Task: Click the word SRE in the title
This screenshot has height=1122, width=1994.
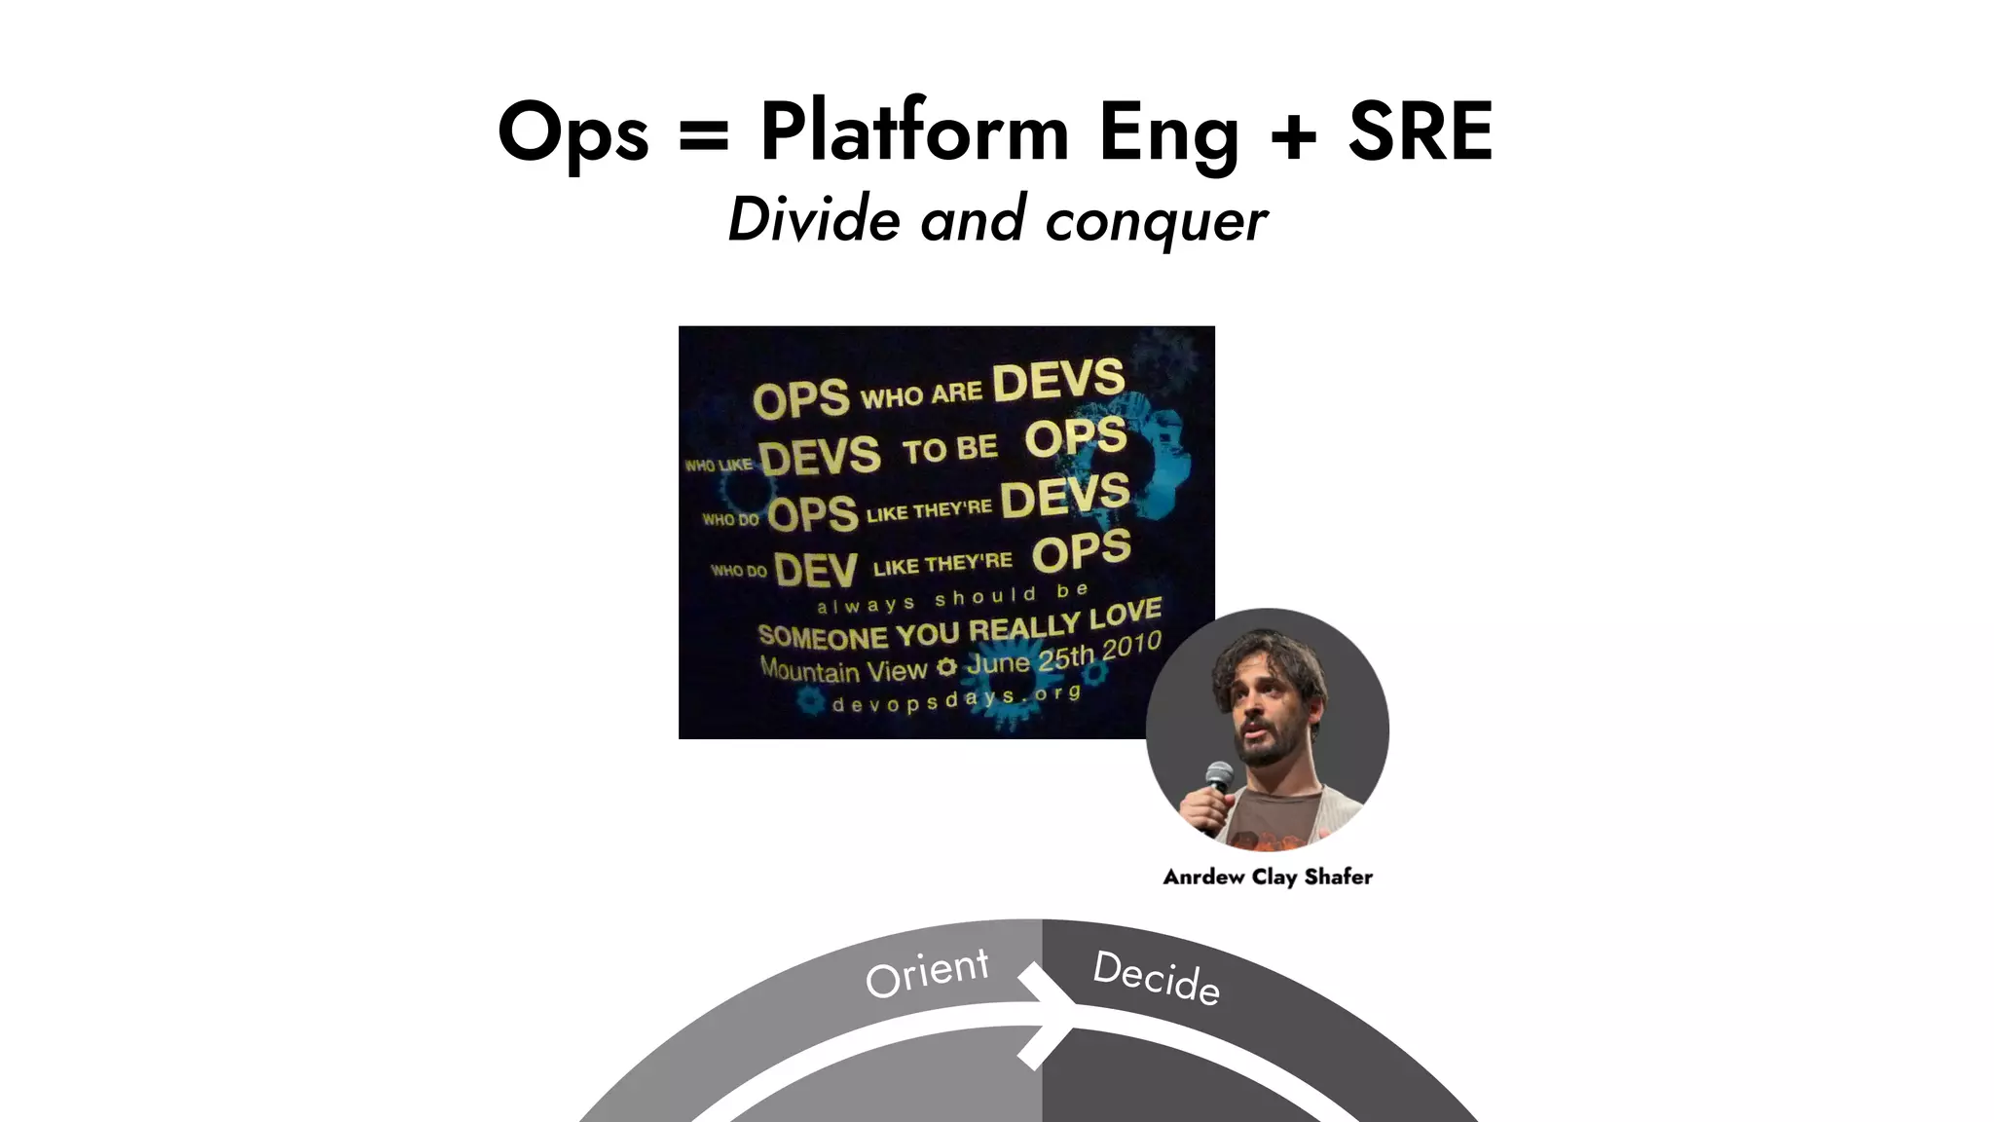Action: click(1420, 131)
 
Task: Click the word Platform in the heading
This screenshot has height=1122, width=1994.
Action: click(914, 131)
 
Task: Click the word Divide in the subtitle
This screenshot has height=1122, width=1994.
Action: click(814, 218)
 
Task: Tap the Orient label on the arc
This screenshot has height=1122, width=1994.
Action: click(927, 972)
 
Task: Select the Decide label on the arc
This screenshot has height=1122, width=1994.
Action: click(1156, 977)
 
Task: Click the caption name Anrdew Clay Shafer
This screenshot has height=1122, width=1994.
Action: click(1268, 877)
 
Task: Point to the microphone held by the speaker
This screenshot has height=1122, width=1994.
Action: click(1218, 779)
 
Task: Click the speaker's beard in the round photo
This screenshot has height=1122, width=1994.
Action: click(1266, 750)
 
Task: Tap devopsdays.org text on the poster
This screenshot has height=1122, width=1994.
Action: click(956, 699)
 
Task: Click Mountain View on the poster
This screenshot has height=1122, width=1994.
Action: click(843, 670)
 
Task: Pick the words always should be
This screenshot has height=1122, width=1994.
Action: click(951, 599)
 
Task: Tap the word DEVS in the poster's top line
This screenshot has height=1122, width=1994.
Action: click(1058, 380)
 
